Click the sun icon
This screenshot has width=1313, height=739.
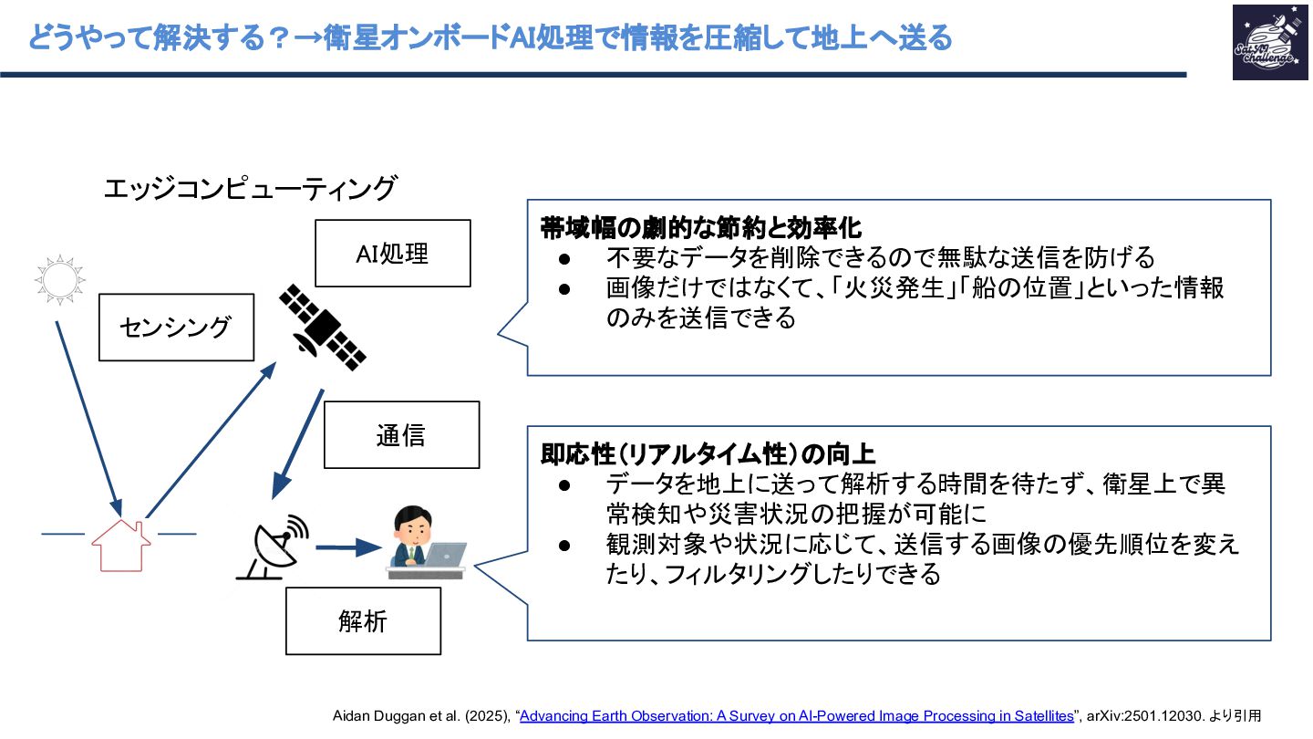pyautogui.click(x=59, y=277)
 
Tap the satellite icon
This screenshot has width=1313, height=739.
pyautogui.click(x=323, y=327)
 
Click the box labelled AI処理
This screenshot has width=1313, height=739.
pyautogui.click(x=393, y=253)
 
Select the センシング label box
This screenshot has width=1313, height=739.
pyautogui.click(x=176, y=327)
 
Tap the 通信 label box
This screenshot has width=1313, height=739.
pyautogui.click(x=401, y=434)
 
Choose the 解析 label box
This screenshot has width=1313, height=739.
pyautogui.click(x=363, y=621)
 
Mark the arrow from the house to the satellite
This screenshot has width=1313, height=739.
pyautogui.click(x=211, y=439)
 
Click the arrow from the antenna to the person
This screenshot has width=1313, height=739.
pyautogui.click(x=347, y=547)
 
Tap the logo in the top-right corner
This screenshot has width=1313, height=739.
pyautogui.click(x=1269, y=42)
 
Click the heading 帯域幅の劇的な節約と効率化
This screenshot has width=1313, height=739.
pyautogui.click(x=701, y=227)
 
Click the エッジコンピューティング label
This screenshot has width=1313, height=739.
pyautogui.click(x=250, y=189)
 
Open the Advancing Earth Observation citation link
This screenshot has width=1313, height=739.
pyautogui.click(x=797, y=716)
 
